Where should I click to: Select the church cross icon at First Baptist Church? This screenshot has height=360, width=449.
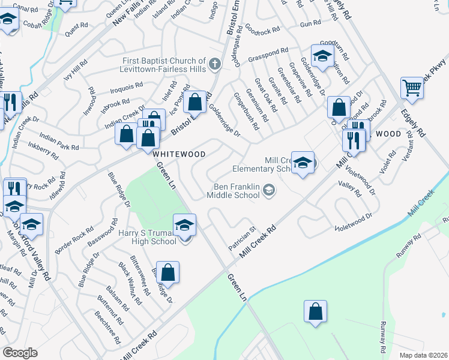215,62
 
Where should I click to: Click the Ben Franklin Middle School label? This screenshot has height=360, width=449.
234,190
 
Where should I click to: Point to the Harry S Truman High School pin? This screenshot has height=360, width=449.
185,226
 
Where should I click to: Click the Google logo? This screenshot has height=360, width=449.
20,353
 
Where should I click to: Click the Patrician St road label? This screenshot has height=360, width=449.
242,238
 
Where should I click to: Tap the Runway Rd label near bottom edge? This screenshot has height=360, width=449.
382,337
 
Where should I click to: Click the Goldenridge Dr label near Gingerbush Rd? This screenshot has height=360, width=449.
224,119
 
